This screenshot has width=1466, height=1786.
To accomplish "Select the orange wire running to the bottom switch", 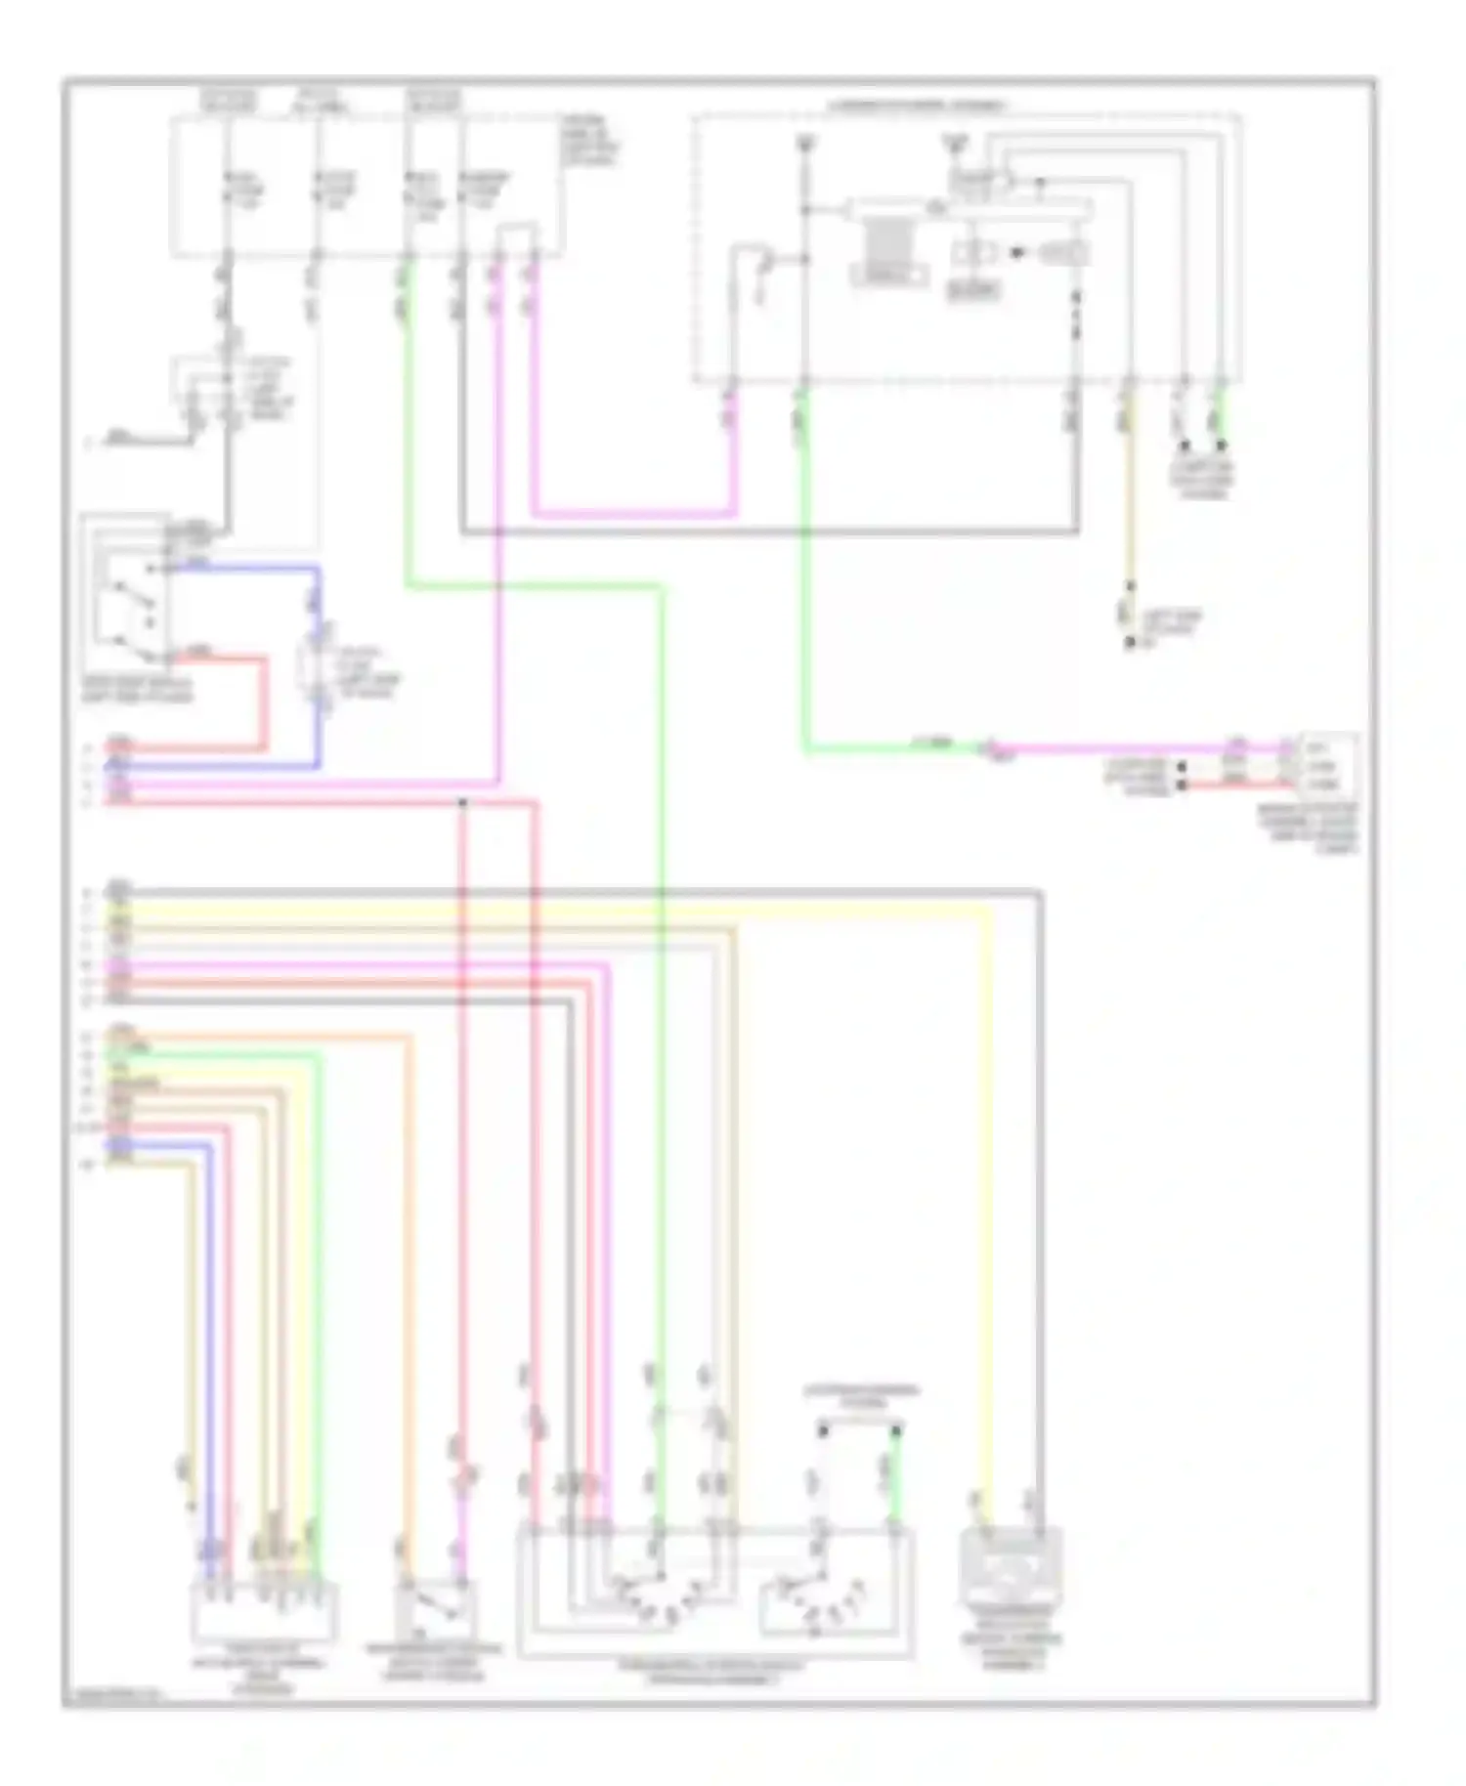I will (410, 1270).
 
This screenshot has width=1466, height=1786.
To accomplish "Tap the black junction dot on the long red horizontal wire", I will (462, 803).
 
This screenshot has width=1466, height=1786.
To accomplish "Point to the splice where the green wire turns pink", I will (989, 749).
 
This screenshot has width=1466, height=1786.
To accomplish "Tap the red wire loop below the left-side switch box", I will (262, 703).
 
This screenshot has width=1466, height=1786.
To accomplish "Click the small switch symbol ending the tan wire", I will (1131, 616).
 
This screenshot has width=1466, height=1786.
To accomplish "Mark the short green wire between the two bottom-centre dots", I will (893, 1475).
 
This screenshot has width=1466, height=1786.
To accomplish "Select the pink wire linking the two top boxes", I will (635, 513).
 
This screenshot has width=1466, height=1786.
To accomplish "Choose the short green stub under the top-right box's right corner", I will (1219, 415).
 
